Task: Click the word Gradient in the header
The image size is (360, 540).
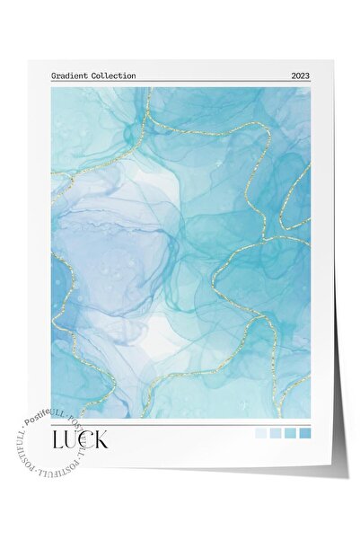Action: point(68,75)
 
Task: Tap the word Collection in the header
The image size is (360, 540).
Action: point(111,75)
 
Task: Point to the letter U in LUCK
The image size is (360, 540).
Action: point(74,440)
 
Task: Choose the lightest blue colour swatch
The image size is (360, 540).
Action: point(260,434)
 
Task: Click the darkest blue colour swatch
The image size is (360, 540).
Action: point(305,434)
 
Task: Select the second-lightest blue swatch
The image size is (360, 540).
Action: point(276,434)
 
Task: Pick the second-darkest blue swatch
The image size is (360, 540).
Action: point(290,434)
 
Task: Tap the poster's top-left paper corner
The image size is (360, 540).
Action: point(28,61)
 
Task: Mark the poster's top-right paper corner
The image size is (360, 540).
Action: point(331,61)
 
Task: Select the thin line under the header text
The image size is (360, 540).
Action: point(180,83)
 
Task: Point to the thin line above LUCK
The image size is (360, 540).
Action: point(180,424)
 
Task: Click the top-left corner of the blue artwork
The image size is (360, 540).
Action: point(52,88)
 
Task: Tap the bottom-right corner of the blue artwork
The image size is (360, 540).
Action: point(311,418)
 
